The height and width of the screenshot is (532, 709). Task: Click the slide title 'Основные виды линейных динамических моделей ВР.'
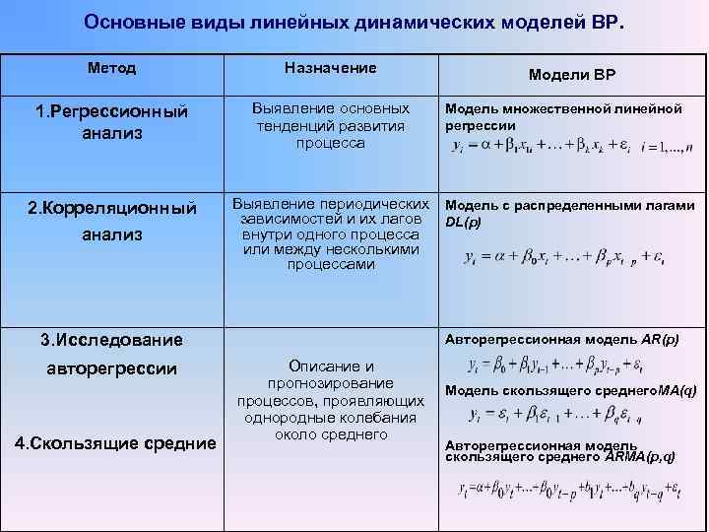(354, 22)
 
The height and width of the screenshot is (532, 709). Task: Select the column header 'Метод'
(111, 69)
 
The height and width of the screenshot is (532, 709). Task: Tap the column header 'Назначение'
(330, 68)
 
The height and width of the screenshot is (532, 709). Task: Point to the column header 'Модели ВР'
(573, 76)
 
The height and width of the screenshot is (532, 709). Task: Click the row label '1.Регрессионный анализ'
(111, 121)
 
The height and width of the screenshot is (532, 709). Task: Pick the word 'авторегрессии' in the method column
(111, 369)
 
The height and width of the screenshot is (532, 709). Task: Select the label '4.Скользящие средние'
(115, 443)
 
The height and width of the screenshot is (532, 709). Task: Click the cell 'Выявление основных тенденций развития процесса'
(330, 124)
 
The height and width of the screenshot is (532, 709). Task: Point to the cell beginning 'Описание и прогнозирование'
(330, 399)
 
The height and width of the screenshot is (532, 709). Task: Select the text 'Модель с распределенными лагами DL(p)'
(570, 213)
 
